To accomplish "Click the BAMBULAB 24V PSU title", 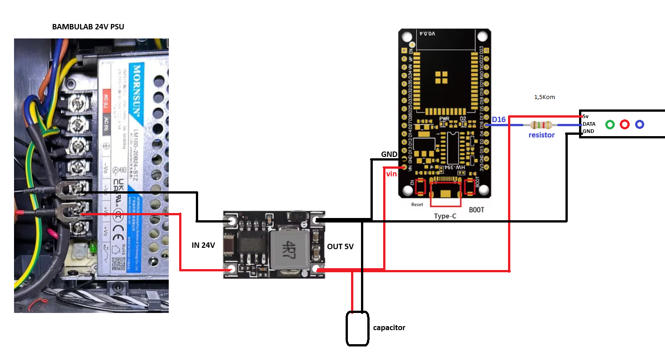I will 88,27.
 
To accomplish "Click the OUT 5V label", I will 340,246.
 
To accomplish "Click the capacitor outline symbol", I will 357,329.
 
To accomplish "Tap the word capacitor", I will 389,327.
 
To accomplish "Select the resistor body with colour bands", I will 541,125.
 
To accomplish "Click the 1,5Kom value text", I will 544,97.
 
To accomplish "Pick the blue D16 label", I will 499,119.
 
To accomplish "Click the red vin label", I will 391,174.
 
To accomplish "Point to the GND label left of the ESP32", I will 389,154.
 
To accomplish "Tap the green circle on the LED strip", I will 610,124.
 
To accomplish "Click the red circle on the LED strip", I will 625,124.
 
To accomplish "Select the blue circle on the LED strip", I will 640,124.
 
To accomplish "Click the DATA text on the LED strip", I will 589,123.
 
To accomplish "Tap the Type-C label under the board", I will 445,216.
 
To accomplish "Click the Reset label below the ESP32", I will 417,204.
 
